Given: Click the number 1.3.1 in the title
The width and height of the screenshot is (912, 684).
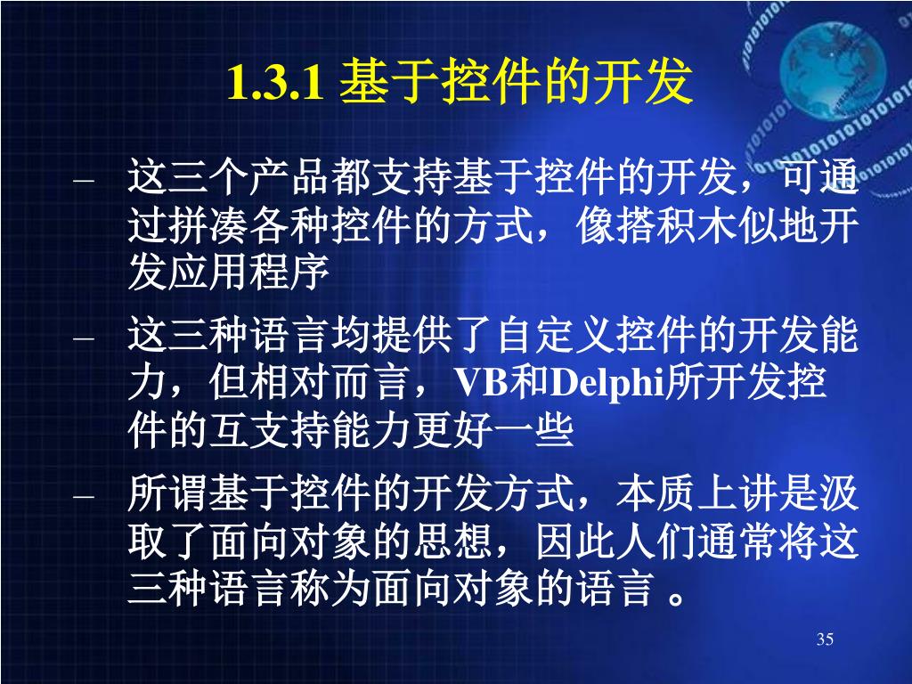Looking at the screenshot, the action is [275, 83].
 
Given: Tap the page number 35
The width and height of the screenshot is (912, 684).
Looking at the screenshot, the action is [825, 639].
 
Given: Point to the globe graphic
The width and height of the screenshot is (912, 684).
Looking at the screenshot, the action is [833, 66].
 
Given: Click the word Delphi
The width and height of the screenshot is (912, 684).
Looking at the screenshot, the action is [607, 384].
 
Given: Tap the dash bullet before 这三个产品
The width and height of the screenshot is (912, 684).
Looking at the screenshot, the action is [84, 180].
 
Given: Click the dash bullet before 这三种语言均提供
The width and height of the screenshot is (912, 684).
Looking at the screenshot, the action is [84, 338].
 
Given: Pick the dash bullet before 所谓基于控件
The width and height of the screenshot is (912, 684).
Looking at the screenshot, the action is [84, 497].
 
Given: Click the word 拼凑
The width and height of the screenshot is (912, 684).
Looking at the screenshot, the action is [208, 225].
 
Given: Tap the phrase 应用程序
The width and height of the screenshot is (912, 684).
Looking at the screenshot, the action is [249, 273].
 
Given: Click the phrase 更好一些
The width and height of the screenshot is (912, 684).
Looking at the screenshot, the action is [493, 430].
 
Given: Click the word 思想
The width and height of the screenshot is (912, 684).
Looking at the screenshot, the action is [452, 542].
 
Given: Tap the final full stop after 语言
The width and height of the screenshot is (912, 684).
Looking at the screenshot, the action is [676, 599].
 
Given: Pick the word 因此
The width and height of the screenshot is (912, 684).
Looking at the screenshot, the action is [574, 542].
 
